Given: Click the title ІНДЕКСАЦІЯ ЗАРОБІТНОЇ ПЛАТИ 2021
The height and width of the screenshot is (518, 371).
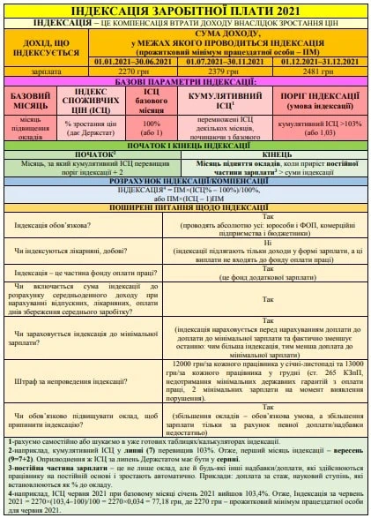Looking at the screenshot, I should coord(185,8).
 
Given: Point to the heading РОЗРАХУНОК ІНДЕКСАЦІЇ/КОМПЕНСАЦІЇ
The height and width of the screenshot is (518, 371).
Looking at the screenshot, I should coord(185,180).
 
